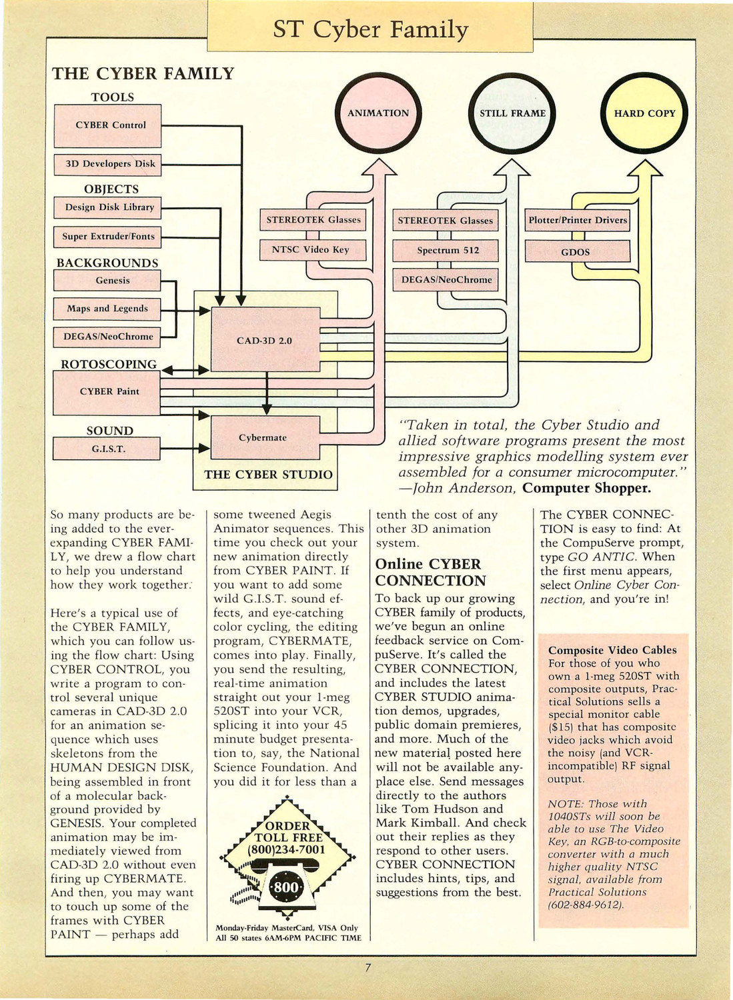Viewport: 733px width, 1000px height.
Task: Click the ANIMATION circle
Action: [378, 113]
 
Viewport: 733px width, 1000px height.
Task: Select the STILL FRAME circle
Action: [512, 113]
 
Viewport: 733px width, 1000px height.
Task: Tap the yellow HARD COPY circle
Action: [644, 113]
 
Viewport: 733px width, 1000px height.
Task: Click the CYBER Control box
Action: [107, 126]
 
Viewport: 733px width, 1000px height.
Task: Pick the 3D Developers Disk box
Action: [107, 164]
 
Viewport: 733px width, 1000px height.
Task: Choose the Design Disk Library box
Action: [107, 207]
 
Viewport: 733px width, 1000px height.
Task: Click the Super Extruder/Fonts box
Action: [107, 237]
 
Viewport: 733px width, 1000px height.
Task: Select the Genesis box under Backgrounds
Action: [107, 281]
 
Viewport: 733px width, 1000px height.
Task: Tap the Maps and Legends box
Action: [107, 309]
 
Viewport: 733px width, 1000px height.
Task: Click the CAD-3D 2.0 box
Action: [265, 339]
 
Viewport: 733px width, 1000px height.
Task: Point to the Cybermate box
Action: [265, 437]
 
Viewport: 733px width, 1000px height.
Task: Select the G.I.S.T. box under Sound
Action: [107, 449]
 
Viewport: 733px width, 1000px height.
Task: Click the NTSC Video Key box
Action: [313, 250]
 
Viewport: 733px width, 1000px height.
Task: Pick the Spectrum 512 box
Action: [446, 251]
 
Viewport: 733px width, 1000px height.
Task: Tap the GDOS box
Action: [578, 251]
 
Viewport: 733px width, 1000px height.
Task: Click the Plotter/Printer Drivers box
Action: [577, 221]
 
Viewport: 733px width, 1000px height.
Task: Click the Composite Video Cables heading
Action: [612, 650]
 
